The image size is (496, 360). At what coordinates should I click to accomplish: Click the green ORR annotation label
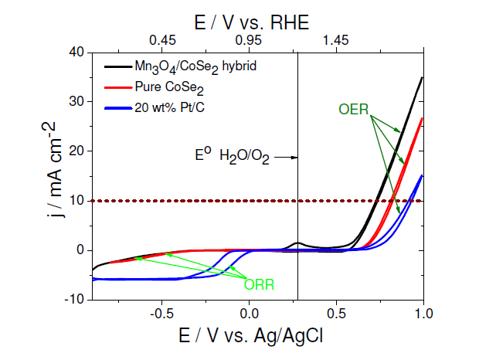coord(259,284)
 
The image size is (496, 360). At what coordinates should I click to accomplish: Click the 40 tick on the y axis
coord(75,52)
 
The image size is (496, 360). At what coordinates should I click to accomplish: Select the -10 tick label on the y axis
coord(73,299)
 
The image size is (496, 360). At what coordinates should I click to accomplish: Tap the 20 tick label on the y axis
coord(75,151)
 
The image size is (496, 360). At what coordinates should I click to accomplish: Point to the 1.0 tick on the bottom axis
coord(423,314)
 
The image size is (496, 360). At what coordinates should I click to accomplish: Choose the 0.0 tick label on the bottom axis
coord(248,314)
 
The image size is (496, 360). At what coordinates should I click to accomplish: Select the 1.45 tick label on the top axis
coord(335,39)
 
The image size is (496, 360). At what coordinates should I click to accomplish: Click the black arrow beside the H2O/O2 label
coord(287,158)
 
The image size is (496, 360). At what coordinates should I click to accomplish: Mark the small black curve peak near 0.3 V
coord(298,243)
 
